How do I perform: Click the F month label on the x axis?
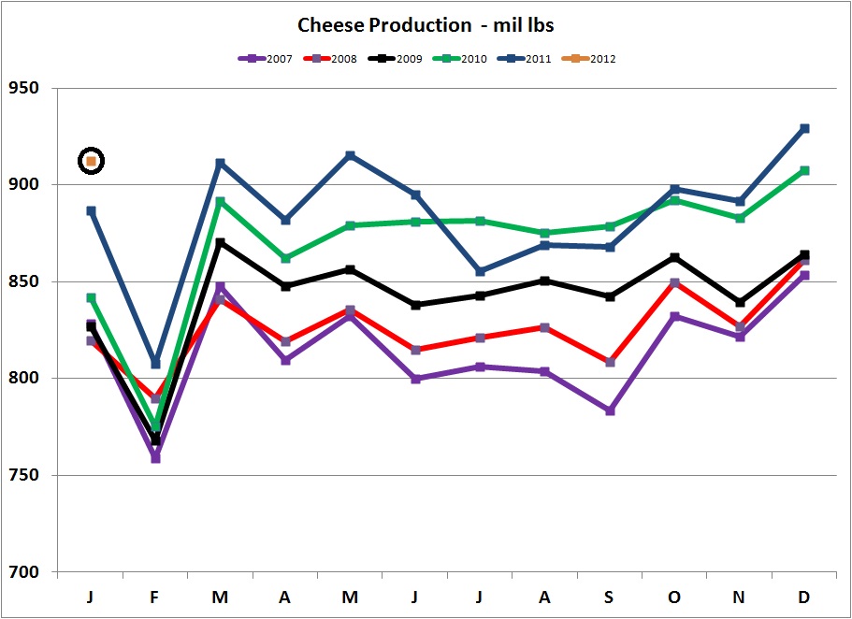[x=155, y=596]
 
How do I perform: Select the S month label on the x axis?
[x=610, y=596]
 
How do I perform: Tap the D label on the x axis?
[x=804, y=596]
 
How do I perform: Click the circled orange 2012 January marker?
[x=91, y=161]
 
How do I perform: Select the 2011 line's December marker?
[x=804, y=128]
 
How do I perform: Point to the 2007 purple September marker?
[x=610, y=410]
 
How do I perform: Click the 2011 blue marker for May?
[x=350, y=155]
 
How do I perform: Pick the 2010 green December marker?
[x=804, y=170]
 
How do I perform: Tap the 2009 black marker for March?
[x=220, y=242]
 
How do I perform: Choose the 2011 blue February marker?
[x=155, y=364]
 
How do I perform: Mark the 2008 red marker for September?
[x=610, y=362]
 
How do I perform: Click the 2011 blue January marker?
[x=91, y=211]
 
